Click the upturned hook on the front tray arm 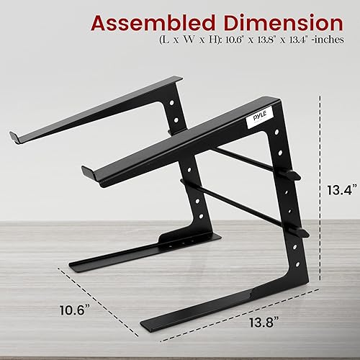tap(89, 173)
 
